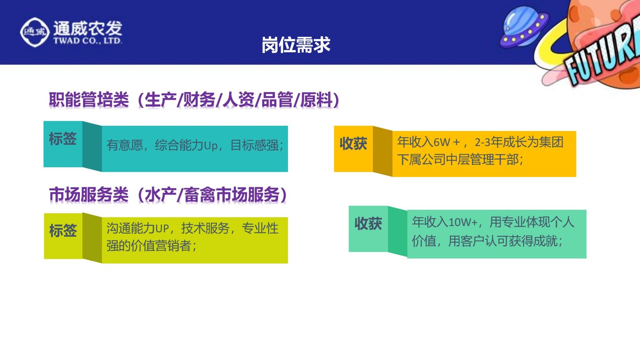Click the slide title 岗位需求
pyautogui.click(x=296, y=45)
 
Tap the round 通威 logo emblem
pyautogui.click(x=35, y=32)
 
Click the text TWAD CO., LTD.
pyautogui.click(x=88, y=40)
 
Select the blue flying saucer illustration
pyautogui.click(x=524, y=27)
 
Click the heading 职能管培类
pyautogui.click(x=89, y=100)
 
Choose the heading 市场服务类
pyautogui.click(x=89, y=195)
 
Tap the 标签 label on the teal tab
pyautogui.click(x=63, y=139)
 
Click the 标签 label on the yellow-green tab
pyautogui.click(x=63, y=230)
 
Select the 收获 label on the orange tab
pyautogui.click(x=353, y=144)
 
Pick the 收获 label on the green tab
pyautogui.click(x=368, y=224)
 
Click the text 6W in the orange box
pyautogui.click(x=442, y=142)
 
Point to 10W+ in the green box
pyautogui.click(x=463, y=222)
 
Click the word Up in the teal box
pyautogui.click(x=211, y=145)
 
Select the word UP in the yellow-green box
pyautogui.click(x=162, y=228)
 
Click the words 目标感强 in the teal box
pyautogui.click(x=255, y=145)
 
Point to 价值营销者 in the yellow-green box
pyautogui.click(x=160, y=245)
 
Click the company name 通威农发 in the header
pyautogui.click(x=88, y=28)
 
